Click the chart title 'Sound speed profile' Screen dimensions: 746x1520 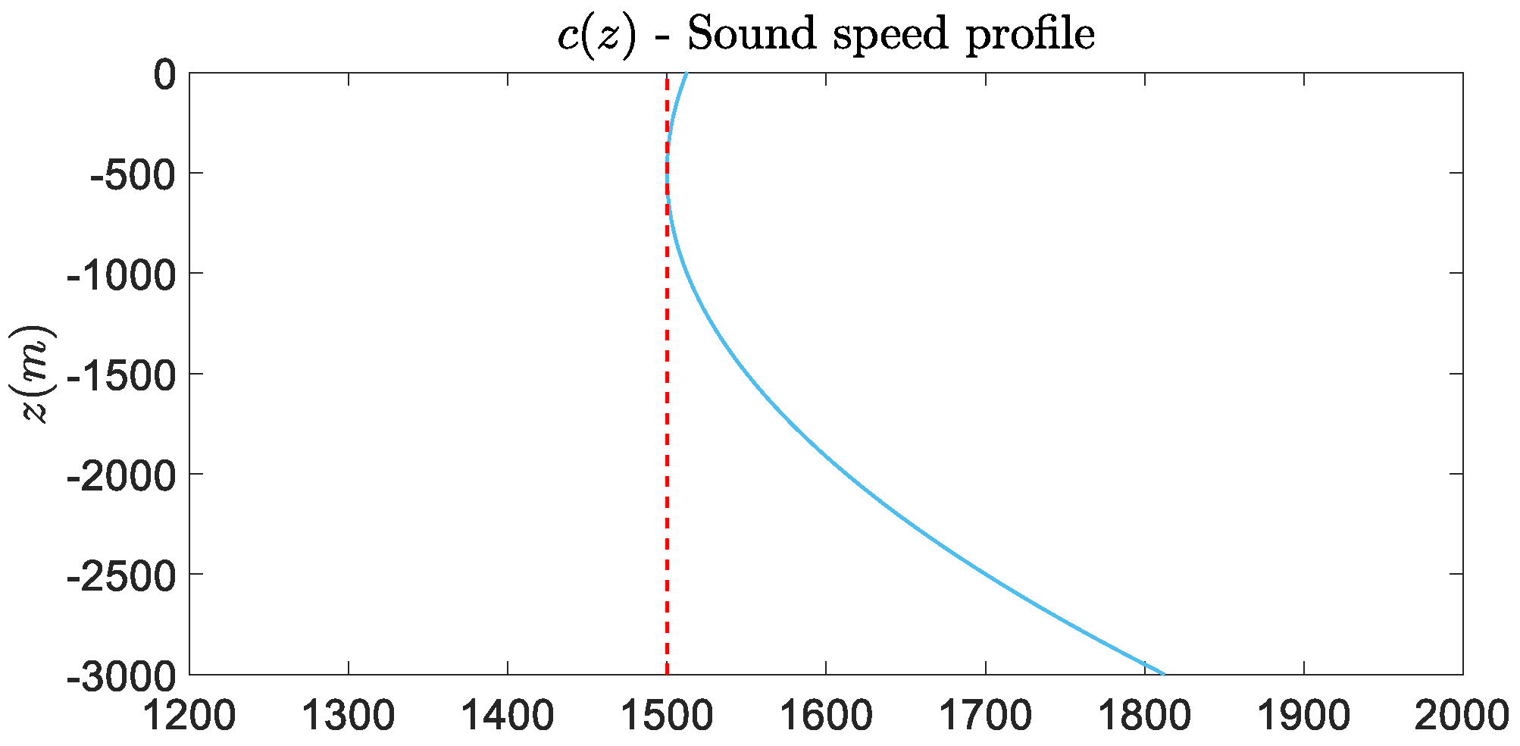tap(826, 35)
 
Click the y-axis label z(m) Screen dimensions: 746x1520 tap(36, 373)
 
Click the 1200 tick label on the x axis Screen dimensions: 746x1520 tap(189, 716)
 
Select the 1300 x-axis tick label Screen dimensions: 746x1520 tap(349, 716)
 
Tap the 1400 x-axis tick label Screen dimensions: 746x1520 tap(508, 716)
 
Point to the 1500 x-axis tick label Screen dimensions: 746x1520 tap(667, 716)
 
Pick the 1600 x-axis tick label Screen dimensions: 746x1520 tap(826, 716)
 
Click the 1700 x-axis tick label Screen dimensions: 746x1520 tap(985, 716)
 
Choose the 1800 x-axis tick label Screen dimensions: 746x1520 tap(1144, 716)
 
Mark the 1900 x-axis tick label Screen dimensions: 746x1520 tap(1303, 716)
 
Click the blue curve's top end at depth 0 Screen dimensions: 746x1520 tap(687, 74)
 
